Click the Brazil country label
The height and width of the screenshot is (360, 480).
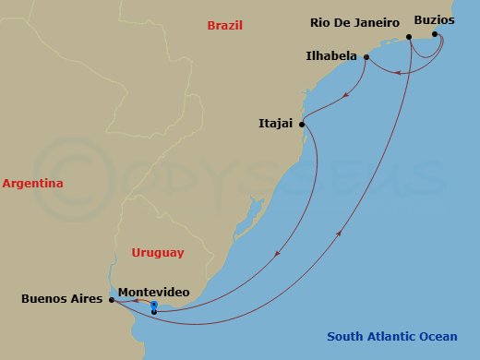224,27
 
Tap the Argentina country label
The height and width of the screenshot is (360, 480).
32,184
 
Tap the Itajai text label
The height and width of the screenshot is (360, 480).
278,122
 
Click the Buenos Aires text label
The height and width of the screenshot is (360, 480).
62,299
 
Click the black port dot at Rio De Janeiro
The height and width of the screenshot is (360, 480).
409,37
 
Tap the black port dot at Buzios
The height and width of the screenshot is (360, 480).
436,34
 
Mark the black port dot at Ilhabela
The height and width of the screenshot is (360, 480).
366,57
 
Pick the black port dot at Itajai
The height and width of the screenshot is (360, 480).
303,123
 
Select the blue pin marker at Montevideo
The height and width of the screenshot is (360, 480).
154,306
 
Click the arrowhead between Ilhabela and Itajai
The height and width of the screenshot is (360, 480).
344,94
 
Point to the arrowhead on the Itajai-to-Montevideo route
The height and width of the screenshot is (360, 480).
277,254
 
